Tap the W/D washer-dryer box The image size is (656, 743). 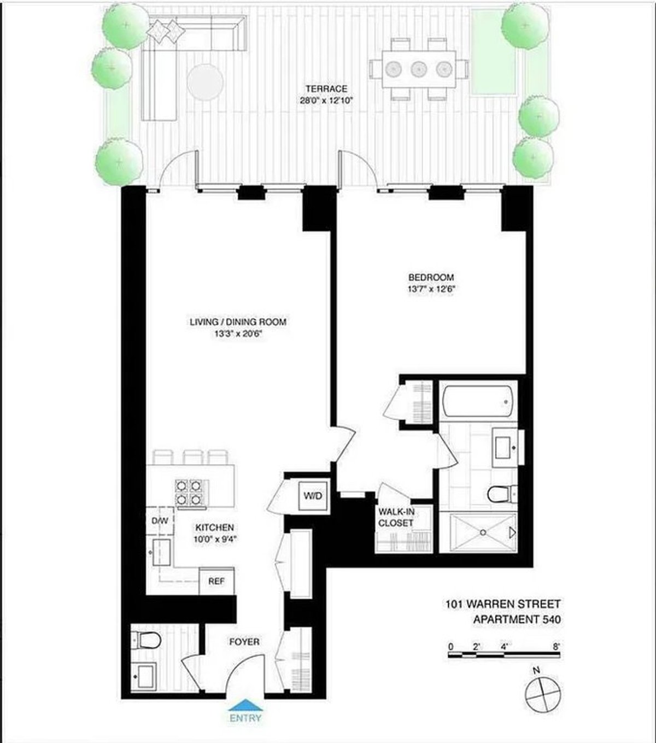[x=314, y=496]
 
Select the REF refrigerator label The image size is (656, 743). [x=216, y=581]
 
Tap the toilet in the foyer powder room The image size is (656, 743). [x=147, y=639]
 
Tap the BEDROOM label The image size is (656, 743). [x=431, y=277]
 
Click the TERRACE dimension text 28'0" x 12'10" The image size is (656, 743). [x=326, y=100]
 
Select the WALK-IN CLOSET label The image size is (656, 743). [x=396, y=518]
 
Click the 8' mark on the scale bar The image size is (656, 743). [x=556, y=646]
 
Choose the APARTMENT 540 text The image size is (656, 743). [x=517, y=619]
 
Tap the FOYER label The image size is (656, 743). [x=244, y=641]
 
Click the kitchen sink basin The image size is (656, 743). [x=162, y=552]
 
